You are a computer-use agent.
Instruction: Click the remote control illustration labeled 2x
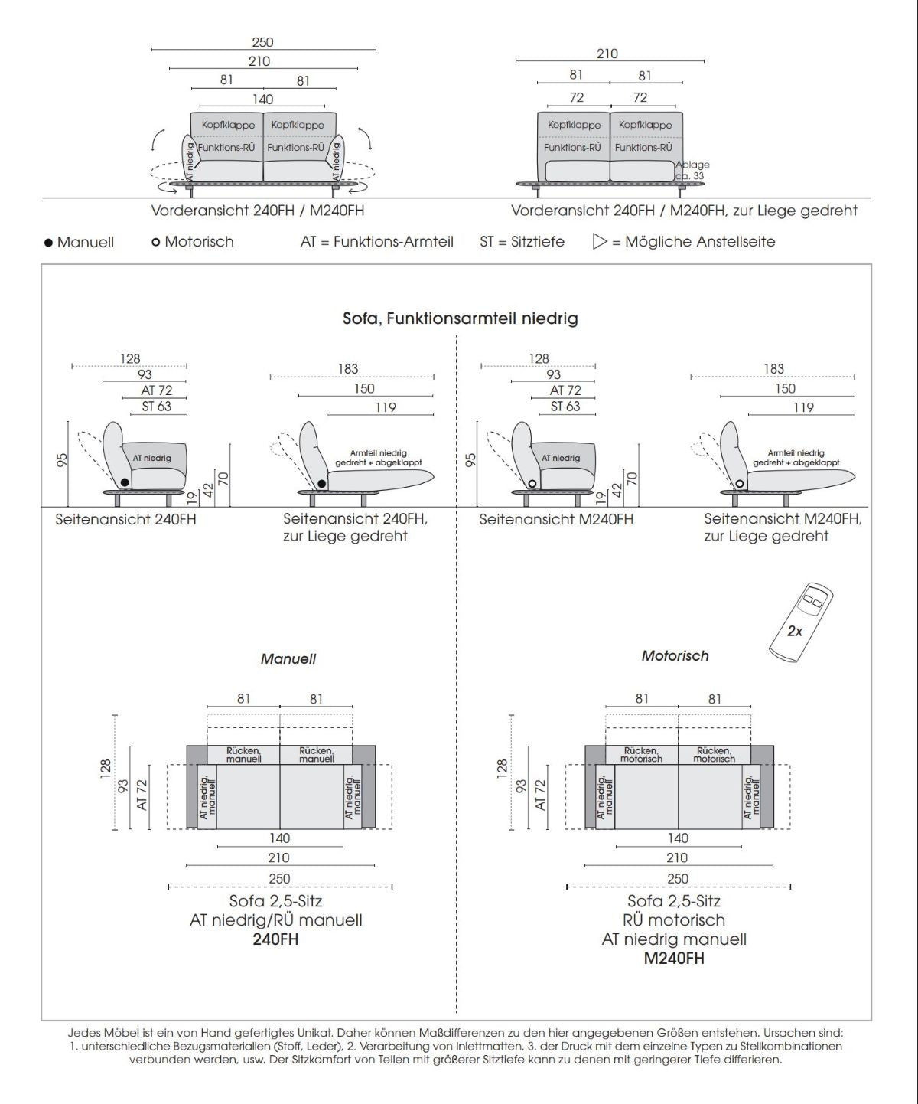point(800,622)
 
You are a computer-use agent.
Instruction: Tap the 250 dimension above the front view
point(262,42)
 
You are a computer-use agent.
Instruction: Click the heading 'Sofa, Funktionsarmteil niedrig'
point(460,318)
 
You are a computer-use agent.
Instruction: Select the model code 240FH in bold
point(275,939)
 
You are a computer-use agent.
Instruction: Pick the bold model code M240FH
point(674,959)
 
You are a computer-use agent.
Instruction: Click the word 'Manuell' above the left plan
point(288,659)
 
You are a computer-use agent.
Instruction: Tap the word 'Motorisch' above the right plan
point(675,656)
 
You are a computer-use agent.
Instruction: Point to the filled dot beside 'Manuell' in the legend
point(49,243)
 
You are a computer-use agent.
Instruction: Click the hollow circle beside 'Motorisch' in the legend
point(156,242)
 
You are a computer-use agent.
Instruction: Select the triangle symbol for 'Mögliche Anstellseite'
point(600,242)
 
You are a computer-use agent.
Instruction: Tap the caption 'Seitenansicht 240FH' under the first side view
point(125,520)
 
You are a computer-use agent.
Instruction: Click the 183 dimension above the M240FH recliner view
point(773,369)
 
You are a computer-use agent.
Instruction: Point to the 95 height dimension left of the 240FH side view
point(62,459)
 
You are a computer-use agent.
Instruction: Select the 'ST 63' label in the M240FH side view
point(565,407)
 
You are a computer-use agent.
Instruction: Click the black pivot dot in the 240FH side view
point(124,482)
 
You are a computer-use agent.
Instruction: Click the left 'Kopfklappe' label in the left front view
point(227,125)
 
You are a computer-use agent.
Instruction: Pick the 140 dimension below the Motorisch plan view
point(678,838)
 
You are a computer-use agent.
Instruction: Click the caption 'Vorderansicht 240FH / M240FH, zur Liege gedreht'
point(684,211)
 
